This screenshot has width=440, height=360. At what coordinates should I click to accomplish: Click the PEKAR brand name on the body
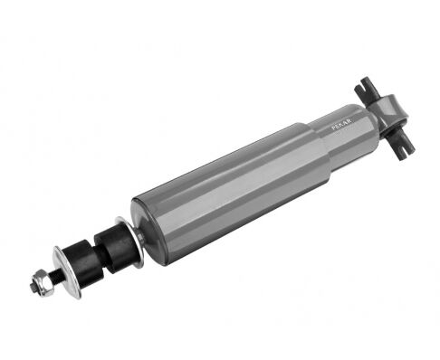pos(341,126)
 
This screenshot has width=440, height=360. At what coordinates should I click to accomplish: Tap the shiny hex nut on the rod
pos(42,283)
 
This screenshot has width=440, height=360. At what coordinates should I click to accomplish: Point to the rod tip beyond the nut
pos(32,287)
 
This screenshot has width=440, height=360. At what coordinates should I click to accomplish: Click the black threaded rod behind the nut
pos(57,275)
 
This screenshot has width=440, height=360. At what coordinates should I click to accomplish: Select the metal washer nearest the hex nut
pos(66,272)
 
